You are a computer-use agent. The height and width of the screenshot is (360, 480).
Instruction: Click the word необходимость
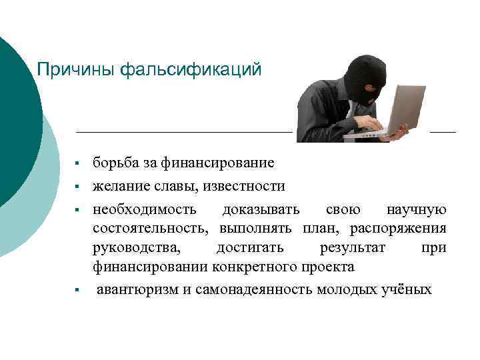click(145, 209)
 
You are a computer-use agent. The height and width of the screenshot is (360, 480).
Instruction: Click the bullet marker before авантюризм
click(77, 290)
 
